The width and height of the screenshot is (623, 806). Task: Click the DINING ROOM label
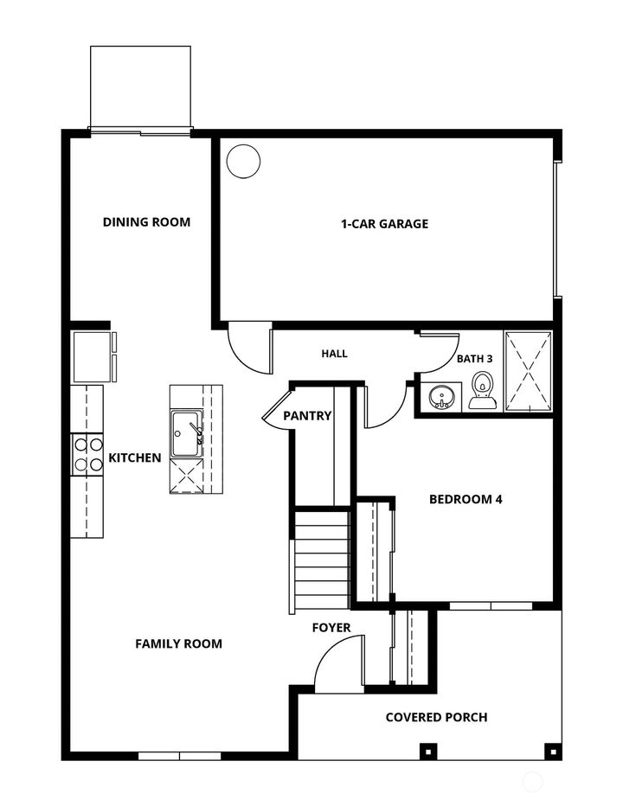pyautogui.click(x=146, y=222)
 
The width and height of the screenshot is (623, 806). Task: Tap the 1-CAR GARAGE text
pyautogui.click(x=384, y=224)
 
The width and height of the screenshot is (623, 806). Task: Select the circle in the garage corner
pyautogui.click(x=243, y=161)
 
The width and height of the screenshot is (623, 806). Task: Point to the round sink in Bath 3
pyautogui.click(x=442, y=397)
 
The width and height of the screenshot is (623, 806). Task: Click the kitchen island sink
pyautogui.click(x=186, y=428)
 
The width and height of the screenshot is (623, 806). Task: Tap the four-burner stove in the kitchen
pyautogui.click(x=86, y=454)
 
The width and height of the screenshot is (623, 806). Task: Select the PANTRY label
pyautogui.click(x=307, y=416)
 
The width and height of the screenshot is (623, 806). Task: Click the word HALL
pyautogui.click(x=334, y=353)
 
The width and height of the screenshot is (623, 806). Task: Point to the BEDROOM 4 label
pyautogui.click(x=466, y=499)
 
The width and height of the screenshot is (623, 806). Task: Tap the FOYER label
pyautogui.click(x=331, y=627)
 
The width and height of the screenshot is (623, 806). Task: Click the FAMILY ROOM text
pyautogui.click(x=178, y=643)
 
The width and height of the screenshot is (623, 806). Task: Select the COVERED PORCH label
pyautogui.click(x=436, y=717)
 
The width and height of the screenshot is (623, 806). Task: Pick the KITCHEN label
pyautogui.click(x=134, y=457)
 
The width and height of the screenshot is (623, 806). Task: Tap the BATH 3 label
pyautogui.click(x=474, y=359)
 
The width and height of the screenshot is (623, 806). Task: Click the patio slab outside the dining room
pyautogui.click(x=140, y=87)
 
